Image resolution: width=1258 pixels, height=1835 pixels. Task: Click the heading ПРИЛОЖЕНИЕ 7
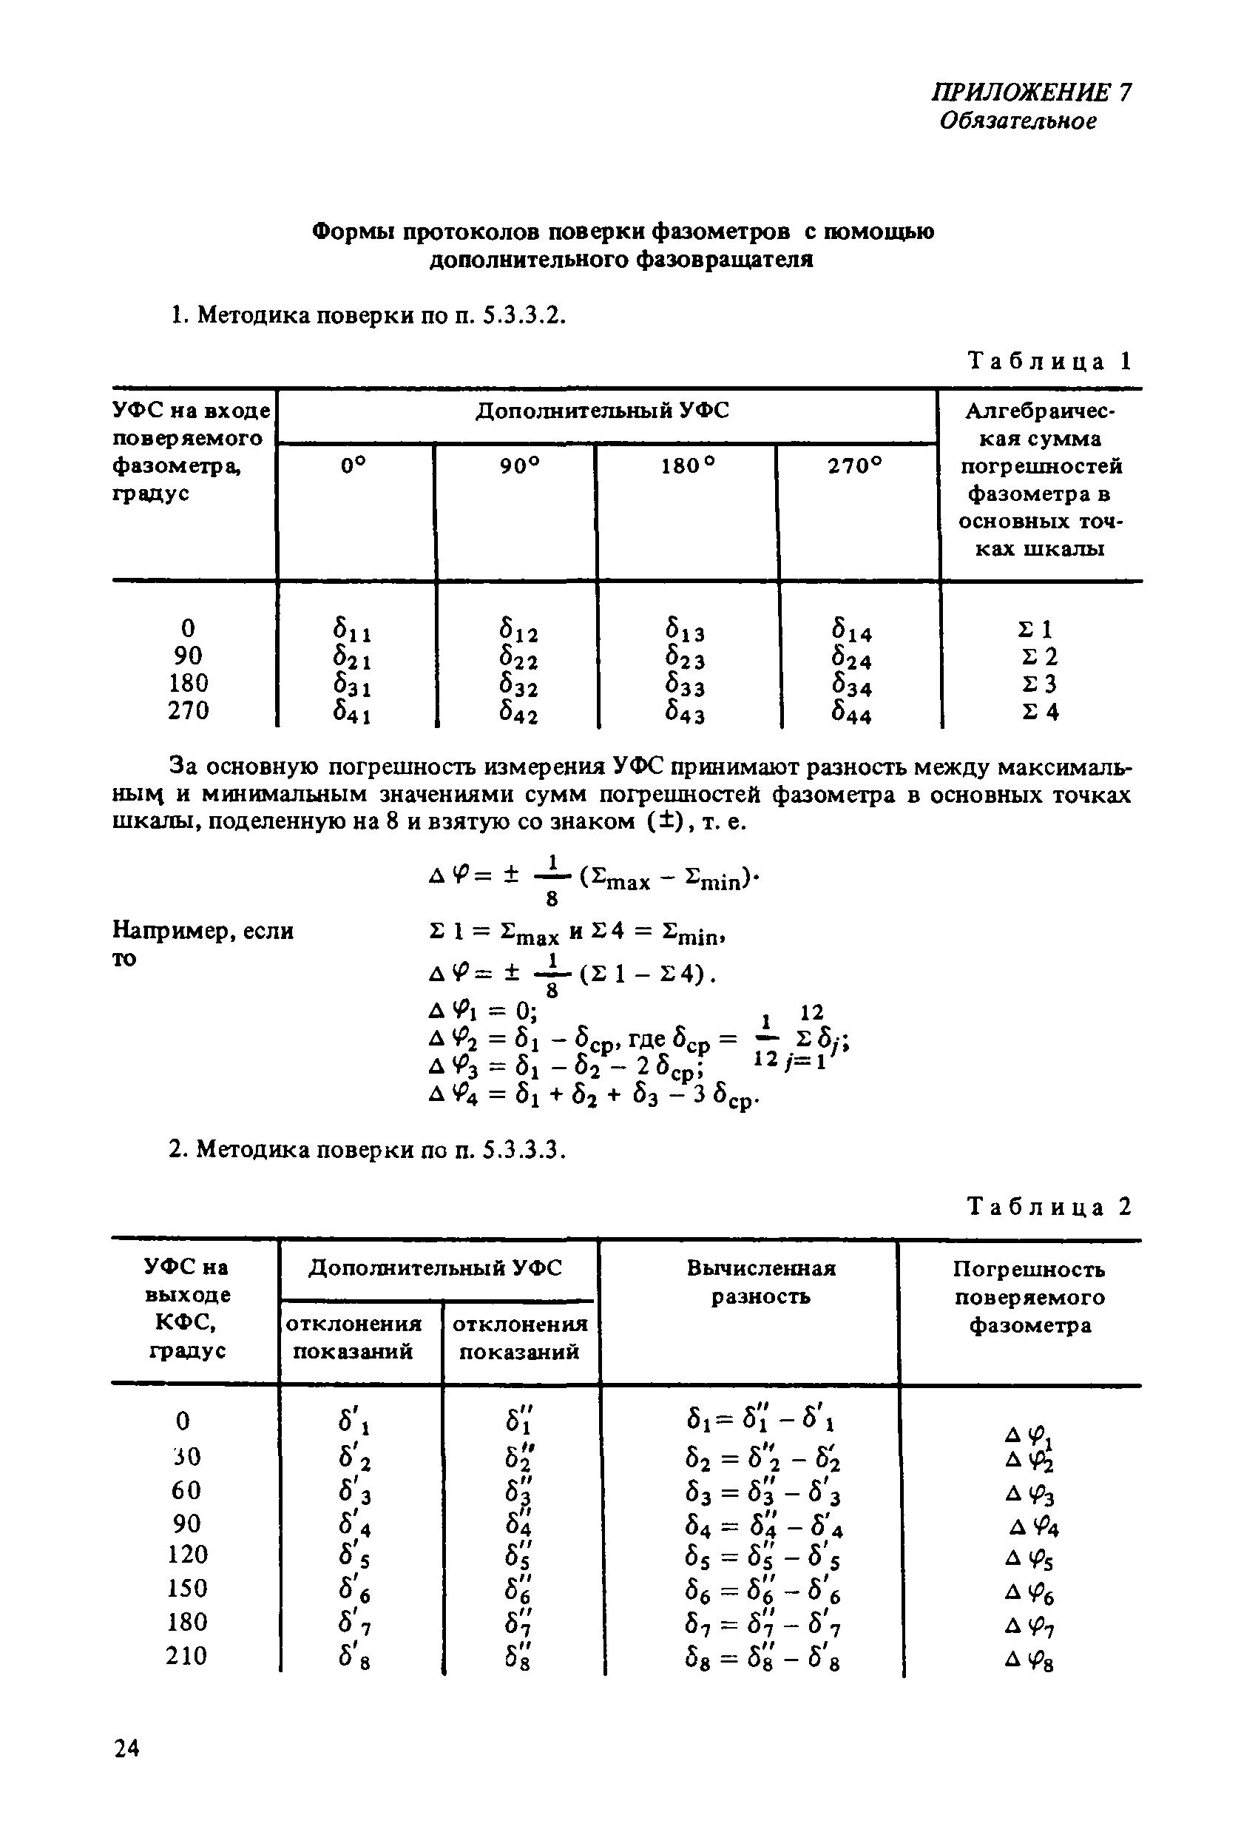pos(1031,92)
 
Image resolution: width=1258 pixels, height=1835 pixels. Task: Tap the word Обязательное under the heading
pos(1018,121)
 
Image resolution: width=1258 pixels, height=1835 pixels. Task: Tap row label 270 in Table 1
pos(188,710)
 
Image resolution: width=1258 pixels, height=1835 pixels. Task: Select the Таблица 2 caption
pos(1049,1208)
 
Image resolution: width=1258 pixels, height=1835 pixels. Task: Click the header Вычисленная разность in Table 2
pos(760,1282)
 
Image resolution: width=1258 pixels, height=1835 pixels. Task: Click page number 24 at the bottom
pos(126,1749)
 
